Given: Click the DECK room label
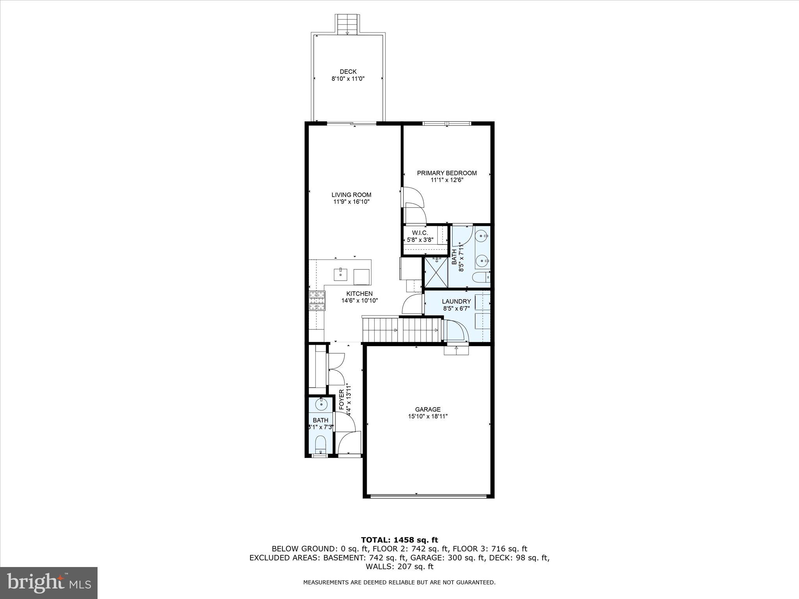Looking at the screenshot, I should tap(348, 72).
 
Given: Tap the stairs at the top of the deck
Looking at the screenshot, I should tap(347, 25).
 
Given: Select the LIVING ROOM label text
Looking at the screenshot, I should tap(351, 195).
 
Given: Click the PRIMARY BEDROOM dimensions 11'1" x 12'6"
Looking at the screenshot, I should tap(447, 180).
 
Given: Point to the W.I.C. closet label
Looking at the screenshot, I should tap(420, 233).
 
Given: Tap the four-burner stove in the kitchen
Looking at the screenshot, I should tap(317, 301).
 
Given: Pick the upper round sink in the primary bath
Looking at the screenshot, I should tap(483, 235).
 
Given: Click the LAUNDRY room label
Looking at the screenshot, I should tap(456, 301).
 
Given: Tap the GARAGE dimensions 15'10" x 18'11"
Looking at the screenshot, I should tap(428, 416).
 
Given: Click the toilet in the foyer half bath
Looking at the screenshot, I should tap(320, 444).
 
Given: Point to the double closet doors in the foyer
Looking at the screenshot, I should tap(336, 369).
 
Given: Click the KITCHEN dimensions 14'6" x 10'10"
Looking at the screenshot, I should tap(359, 301).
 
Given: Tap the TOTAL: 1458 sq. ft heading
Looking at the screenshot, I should tap(399, 540).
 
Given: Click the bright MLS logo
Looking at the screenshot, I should tap(49, 583).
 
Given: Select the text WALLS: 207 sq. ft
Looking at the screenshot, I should tap(399, 567).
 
